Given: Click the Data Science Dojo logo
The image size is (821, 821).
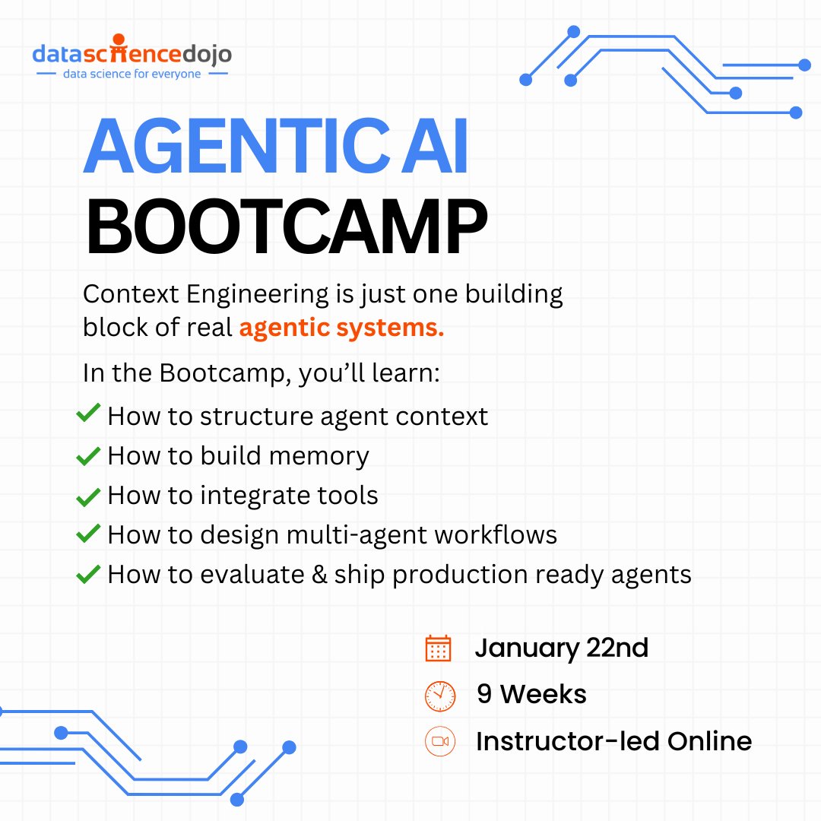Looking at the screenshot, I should (132, 55).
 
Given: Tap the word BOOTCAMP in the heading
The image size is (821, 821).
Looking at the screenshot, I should (286, 226).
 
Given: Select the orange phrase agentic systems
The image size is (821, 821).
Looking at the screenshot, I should (341, 328).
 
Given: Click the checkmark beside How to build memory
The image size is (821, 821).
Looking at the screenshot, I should (88, 456).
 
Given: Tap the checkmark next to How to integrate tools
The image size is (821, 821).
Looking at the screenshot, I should (88, 496).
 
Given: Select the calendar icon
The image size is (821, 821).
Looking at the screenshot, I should (439, 648).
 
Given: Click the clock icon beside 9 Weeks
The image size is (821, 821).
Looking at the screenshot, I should (440, 695).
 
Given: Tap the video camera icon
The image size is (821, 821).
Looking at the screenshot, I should (440, 741).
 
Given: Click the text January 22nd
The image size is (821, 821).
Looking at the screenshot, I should (561, 648).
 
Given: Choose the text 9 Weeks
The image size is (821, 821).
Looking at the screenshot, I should (531, 695).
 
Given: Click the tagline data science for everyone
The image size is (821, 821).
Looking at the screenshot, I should (132, 74).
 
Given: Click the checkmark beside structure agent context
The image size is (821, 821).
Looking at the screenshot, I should (88, 415).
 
